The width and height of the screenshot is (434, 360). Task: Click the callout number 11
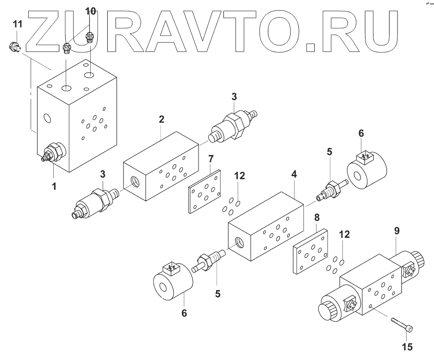pos(16,24)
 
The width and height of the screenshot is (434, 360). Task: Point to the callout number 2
pos(161,119)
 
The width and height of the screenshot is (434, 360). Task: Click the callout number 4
pos(294,175)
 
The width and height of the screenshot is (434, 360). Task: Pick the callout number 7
pos(211,159)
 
